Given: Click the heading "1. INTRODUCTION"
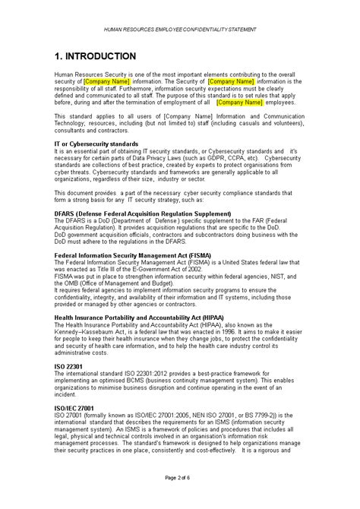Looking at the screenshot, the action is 95,56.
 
